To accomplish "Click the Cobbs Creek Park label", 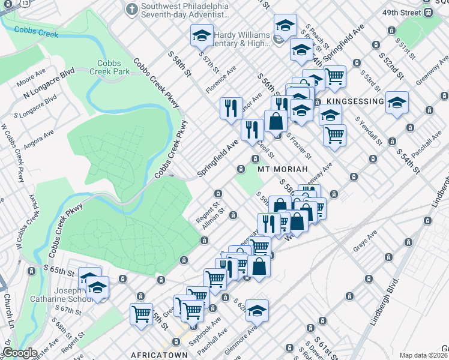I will click(110, 67).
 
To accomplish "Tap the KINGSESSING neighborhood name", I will click(351, 101).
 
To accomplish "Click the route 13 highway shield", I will click(7, 4).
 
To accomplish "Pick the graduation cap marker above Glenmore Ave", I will click(256, 310).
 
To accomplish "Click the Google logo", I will click(20, 353).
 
